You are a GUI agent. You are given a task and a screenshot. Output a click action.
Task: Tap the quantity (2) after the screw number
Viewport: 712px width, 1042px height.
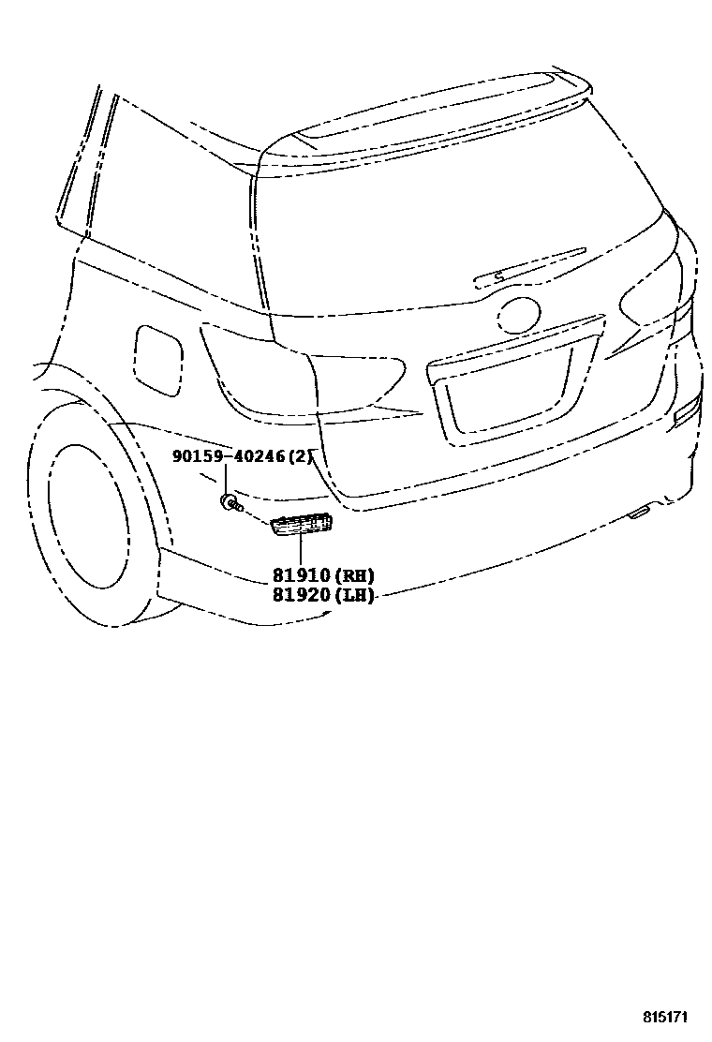[298, 457]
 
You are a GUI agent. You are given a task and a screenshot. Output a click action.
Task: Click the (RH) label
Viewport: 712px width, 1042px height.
[355, 576]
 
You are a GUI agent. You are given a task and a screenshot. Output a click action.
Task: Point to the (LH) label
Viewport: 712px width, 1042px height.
[355, 595]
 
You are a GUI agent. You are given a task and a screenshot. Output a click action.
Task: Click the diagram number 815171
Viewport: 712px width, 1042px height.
[671, 1017]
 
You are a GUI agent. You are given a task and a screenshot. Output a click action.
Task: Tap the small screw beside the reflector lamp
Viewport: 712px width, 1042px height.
[230, 505]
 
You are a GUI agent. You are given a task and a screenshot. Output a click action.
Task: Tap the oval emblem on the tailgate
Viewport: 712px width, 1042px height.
[519, 316]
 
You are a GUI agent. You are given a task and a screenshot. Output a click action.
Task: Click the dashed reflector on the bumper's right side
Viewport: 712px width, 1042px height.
[688, 409]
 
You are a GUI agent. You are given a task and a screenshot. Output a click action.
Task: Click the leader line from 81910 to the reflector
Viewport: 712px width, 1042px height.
[302, 553]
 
